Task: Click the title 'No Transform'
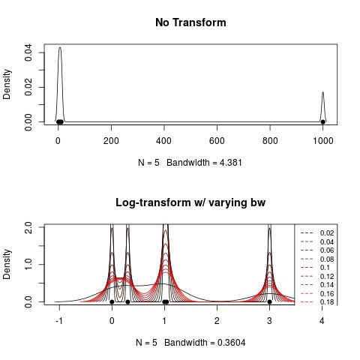190,22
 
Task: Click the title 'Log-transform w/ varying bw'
190,202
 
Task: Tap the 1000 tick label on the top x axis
323,140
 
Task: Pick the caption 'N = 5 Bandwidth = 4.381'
190,162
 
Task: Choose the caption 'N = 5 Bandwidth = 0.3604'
190,342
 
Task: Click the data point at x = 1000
323,121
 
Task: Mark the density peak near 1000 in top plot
322,92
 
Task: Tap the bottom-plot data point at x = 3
269,301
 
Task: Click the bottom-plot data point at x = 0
112,301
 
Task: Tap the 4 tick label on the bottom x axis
322,320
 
